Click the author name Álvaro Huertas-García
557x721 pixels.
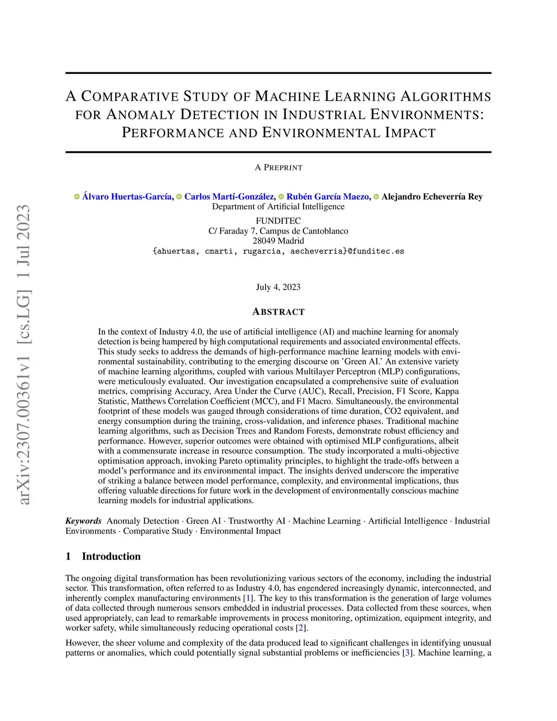pyautogui.click(x=127, y=196)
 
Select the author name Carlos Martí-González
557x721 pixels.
pyautogui.click(x=229, y=196)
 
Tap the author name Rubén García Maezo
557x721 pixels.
pyautogui.click(x=328, y=196)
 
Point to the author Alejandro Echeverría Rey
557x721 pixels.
pyautogui.click(x=432, y=196)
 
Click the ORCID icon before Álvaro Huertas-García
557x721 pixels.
pyautogui.click(x=77, y=196)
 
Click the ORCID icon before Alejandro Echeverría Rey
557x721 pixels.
pyautogui.click(x=376, y=196)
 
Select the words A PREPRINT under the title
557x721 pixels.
pyautogui.click(x=278, y=168)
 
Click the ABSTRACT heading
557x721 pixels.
pyautogui.click(x=278, y=312)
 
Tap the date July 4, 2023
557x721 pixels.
pyautogui.click(x=278, y=287)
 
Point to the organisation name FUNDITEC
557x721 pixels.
pyautogui.click(x=278, y=221)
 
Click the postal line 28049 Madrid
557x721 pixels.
pyautogui.click(x=278, y=241)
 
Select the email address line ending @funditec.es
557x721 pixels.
pyautogui.click(x=278, y=251)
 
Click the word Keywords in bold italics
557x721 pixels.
pyautogui.click(x=84, y=521)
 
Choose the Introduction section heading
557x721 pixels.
pyautogui.click(x=111, y=556)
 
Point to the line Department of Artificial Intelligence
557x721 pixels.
pyautogui.click(x=278, y=207)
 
